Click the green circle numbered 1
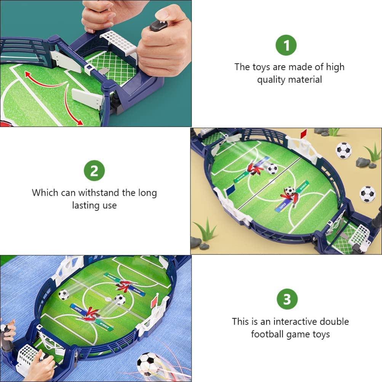click(286, 45)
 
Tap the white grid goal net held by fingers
click(118, 42)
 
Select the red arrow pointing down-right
click(74, 109)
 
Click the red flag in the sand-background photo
click(303, 133)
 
